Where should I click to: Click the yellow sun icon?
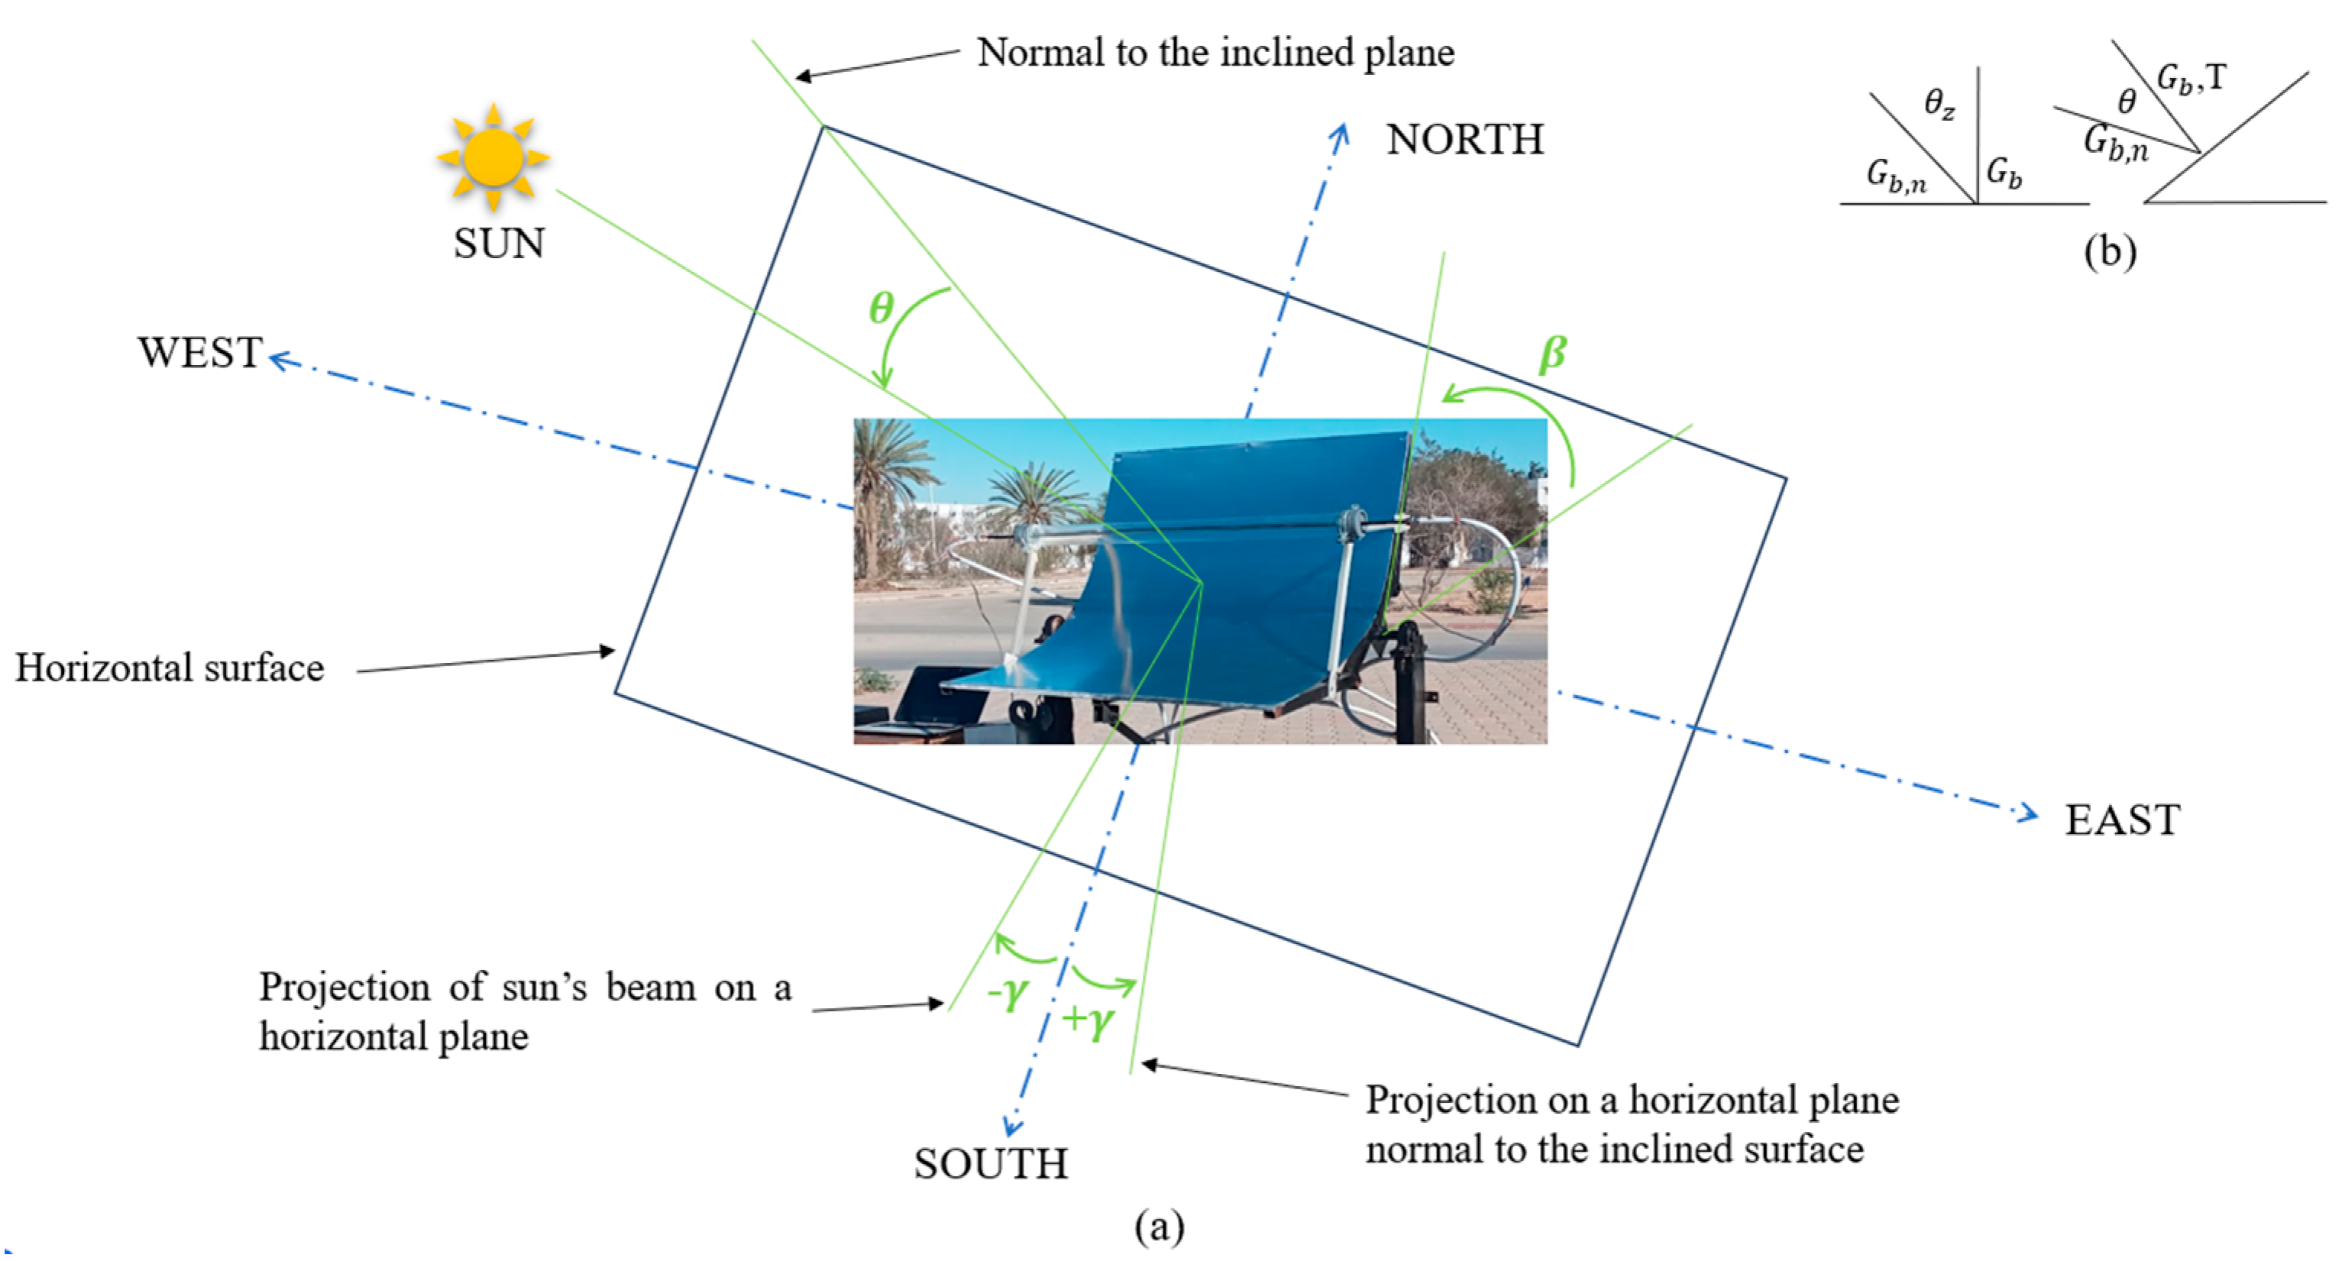point(493,157)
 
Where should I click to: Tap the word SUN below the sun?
point(499,244)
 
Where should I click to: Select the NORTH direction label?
point(1464,140)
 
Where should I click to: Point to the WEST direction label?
point(200,353)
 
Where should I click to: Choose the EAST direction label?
point(2122,820)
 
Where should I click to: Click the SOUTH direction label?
point(991,1164)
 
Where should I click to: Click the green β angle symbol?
point(1552,354)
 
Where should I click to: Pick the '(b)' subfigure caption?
point(2110,251)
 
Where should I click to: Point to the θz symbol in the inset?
point(1939,105)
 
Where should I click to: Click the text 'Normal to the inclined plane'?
point(1215,53)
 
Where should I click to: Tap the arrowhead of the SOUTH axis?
point(1012,1127)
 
